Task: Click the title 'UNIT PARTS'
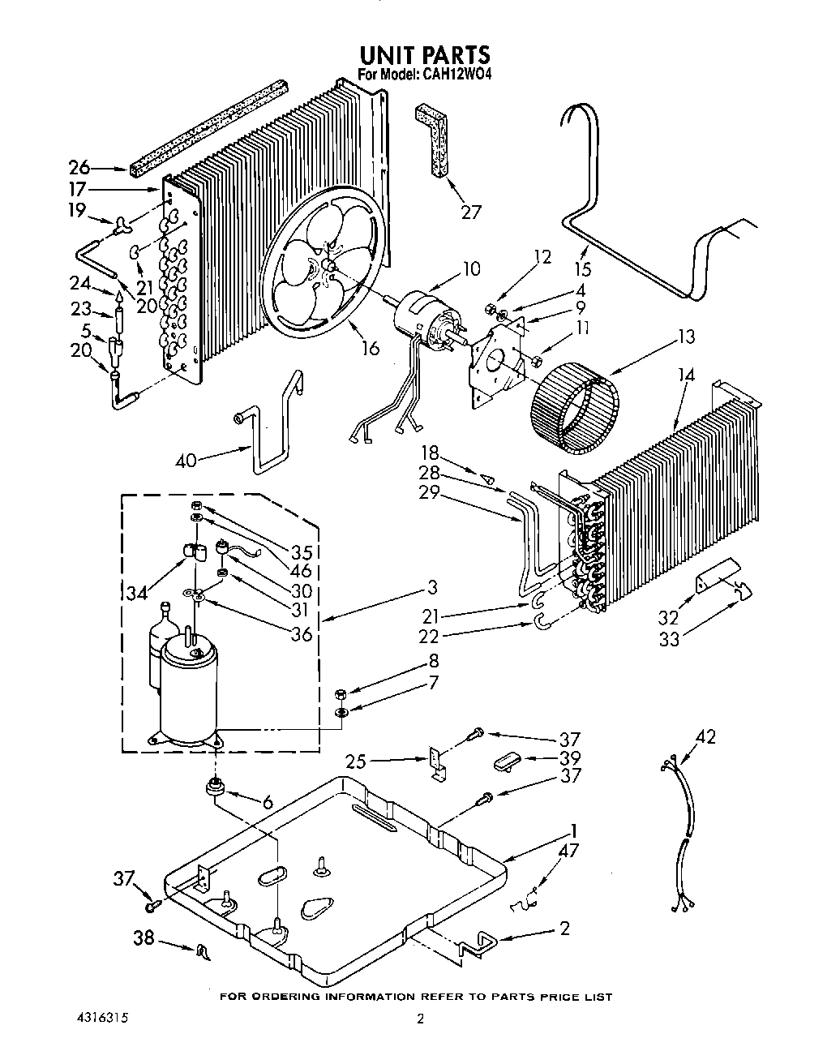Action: [x=424, y=54]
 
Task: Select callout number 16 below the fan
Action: [x=370, y=348]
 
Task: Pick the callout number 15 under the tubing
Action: [x=582, y=269]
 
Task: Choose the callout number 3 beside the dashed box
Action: [x=432, y=587]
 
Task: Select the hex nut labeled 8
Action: [x=341, y=693]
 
